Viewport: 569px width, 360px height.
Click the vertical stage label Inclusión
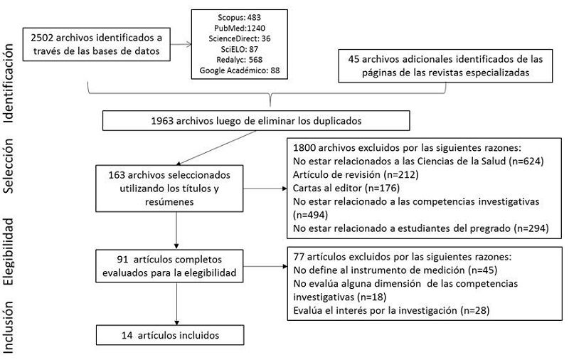(10, 324)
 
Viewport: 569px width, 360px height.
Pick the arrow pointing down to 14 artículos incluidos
(173, 305)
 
